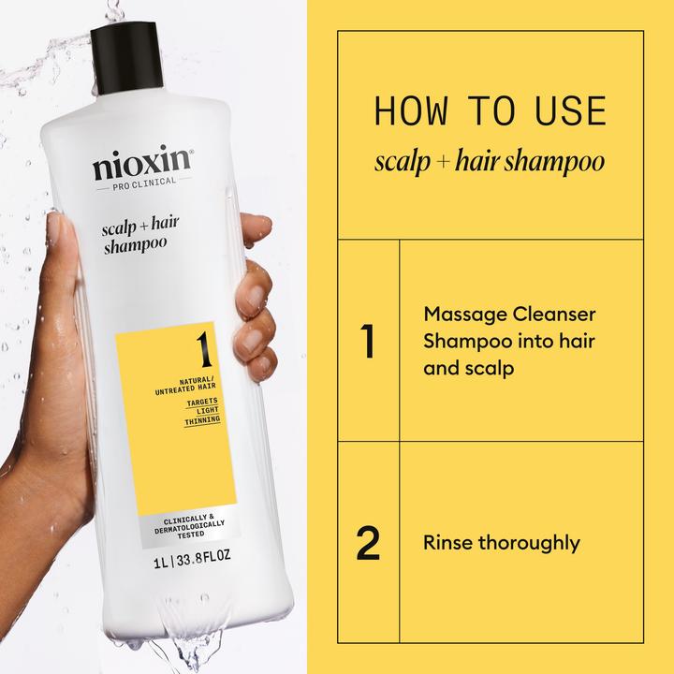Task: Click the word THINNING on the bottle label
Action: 200,420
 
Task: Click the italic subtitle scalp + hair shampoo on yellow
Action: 489,162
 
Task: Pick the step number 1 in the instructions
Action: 368,341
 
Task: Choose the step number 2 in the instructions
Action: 368,544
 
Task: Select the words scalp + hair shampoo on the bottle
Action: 137,235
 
